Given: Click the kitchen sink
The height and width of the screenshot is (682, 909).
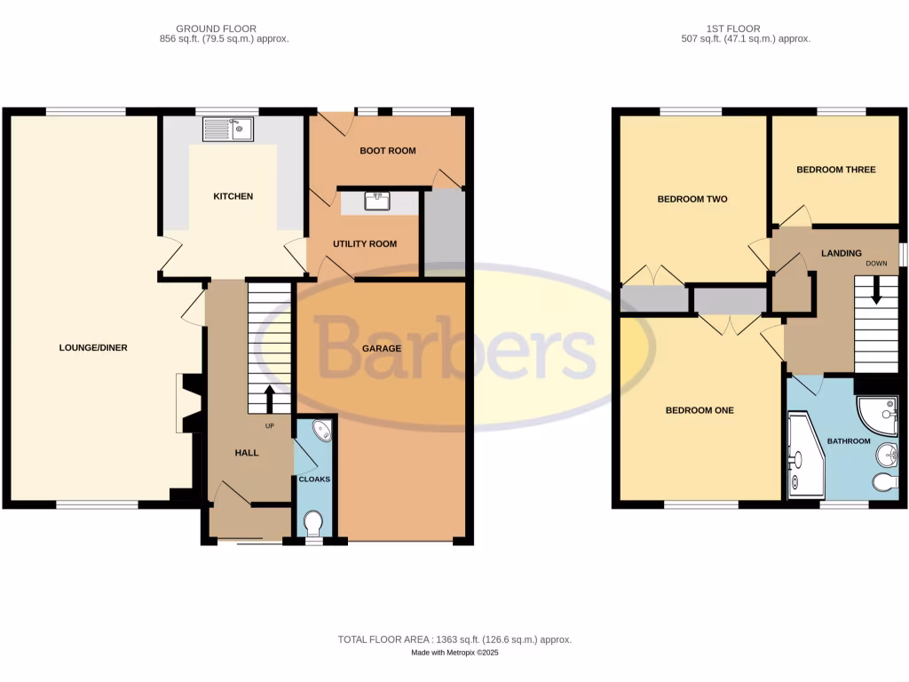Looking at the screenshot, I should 228,131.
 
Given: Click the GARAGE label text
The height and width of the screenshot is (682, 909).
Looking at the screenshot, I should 382,348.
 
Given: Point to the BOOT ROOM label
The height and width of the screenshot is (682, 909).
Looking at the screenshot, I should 388,151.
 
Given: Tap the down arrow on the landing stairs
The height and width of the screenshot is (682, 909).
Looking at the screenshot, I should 877,290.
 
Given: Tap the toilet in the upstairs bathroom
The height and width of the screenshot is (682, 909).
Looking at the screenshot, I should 884,482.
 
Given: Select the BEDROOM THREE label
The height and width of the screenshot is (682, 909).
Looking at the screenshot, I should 835,170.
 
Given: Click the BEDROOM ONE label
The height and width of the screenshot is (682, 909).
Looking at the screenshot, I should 700,410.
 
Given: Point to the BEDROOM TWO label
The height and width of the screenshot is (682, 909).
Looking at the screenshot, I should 692,199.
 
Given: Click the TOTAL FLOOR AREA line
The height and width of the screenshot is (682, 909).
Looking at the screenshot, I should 454,639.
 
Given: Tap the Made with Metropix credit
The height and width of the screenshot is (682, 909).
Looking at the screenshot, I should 454,653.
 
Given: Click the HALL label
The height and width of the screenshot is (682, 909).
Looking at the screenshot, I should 247,453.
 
